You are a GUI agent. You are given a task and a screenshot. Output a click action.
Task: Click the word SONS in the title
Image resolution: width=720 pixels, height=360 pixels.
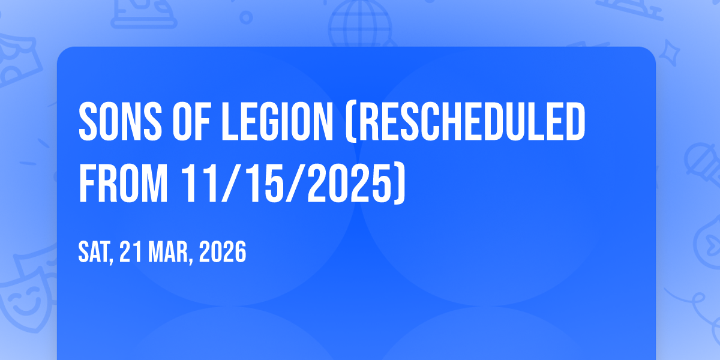tap(120, 122)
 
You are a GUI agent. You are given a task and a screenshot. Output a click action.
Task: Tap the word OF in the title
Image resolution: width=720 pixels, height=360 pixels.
tap(191, 122)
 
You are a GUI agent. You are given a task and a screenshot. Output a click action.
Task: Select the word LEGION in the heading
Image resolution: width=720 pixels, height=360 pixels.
tap(277, 122)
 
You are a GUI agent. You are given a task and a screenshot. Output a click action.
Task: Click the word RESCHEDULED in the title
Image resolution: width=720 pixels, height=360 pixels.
tap(471, 122)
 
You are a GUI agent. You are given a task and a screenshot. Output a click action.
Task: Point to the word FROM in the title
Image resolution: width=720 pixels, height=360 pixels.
tap(123, 183)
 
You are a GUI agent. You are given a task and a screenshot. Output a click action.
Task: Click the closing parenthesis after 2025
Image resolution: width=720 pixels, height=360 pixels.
tap(400, 184)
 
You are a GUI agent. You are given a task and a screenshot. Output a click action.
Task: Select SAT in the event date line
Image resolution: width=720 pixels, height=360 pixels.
tap(94, 252)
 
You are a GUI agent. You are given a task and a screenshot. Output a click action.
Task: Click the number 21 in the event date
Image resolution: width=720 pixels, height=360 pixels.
tap(131, 252)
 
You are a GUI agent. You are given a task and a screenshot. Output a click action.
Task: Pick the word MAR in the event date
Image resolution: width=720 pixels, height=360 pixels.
tap(168, 252)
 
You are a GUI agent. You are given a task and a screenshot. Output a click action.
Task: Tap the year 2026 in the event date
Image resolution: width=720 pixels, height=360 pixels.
tap(223, 252)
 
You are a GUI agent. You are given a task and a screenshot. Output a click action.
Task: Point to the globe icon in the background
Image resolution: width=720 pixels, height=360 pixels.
tap(360, 24)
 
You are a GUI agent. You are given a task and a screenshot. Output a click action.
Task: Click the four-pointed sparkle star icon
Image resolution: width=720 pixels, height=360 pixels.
tap(670, 53)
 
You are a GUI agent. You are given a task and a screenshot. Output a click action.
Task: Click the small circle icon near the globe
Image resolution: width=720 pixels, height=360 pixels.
tap(246, 17)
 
